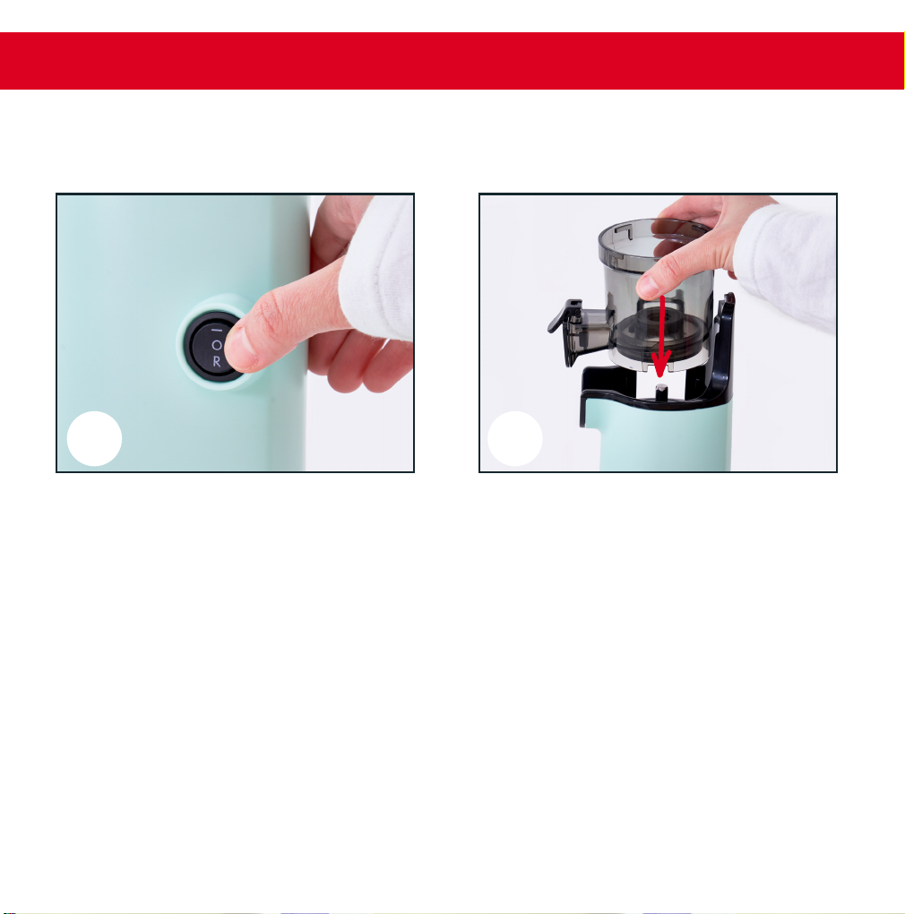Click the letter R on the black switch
pos(217,361)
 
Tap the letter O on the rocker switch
pos(217,345)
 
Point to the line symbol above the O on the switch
pos(217,331)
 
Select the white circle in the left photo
pos(94,438)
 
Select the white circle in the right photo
pos(515,438)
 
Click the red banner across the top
pos(452,61)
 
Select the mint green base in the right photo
pos(664,436)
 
